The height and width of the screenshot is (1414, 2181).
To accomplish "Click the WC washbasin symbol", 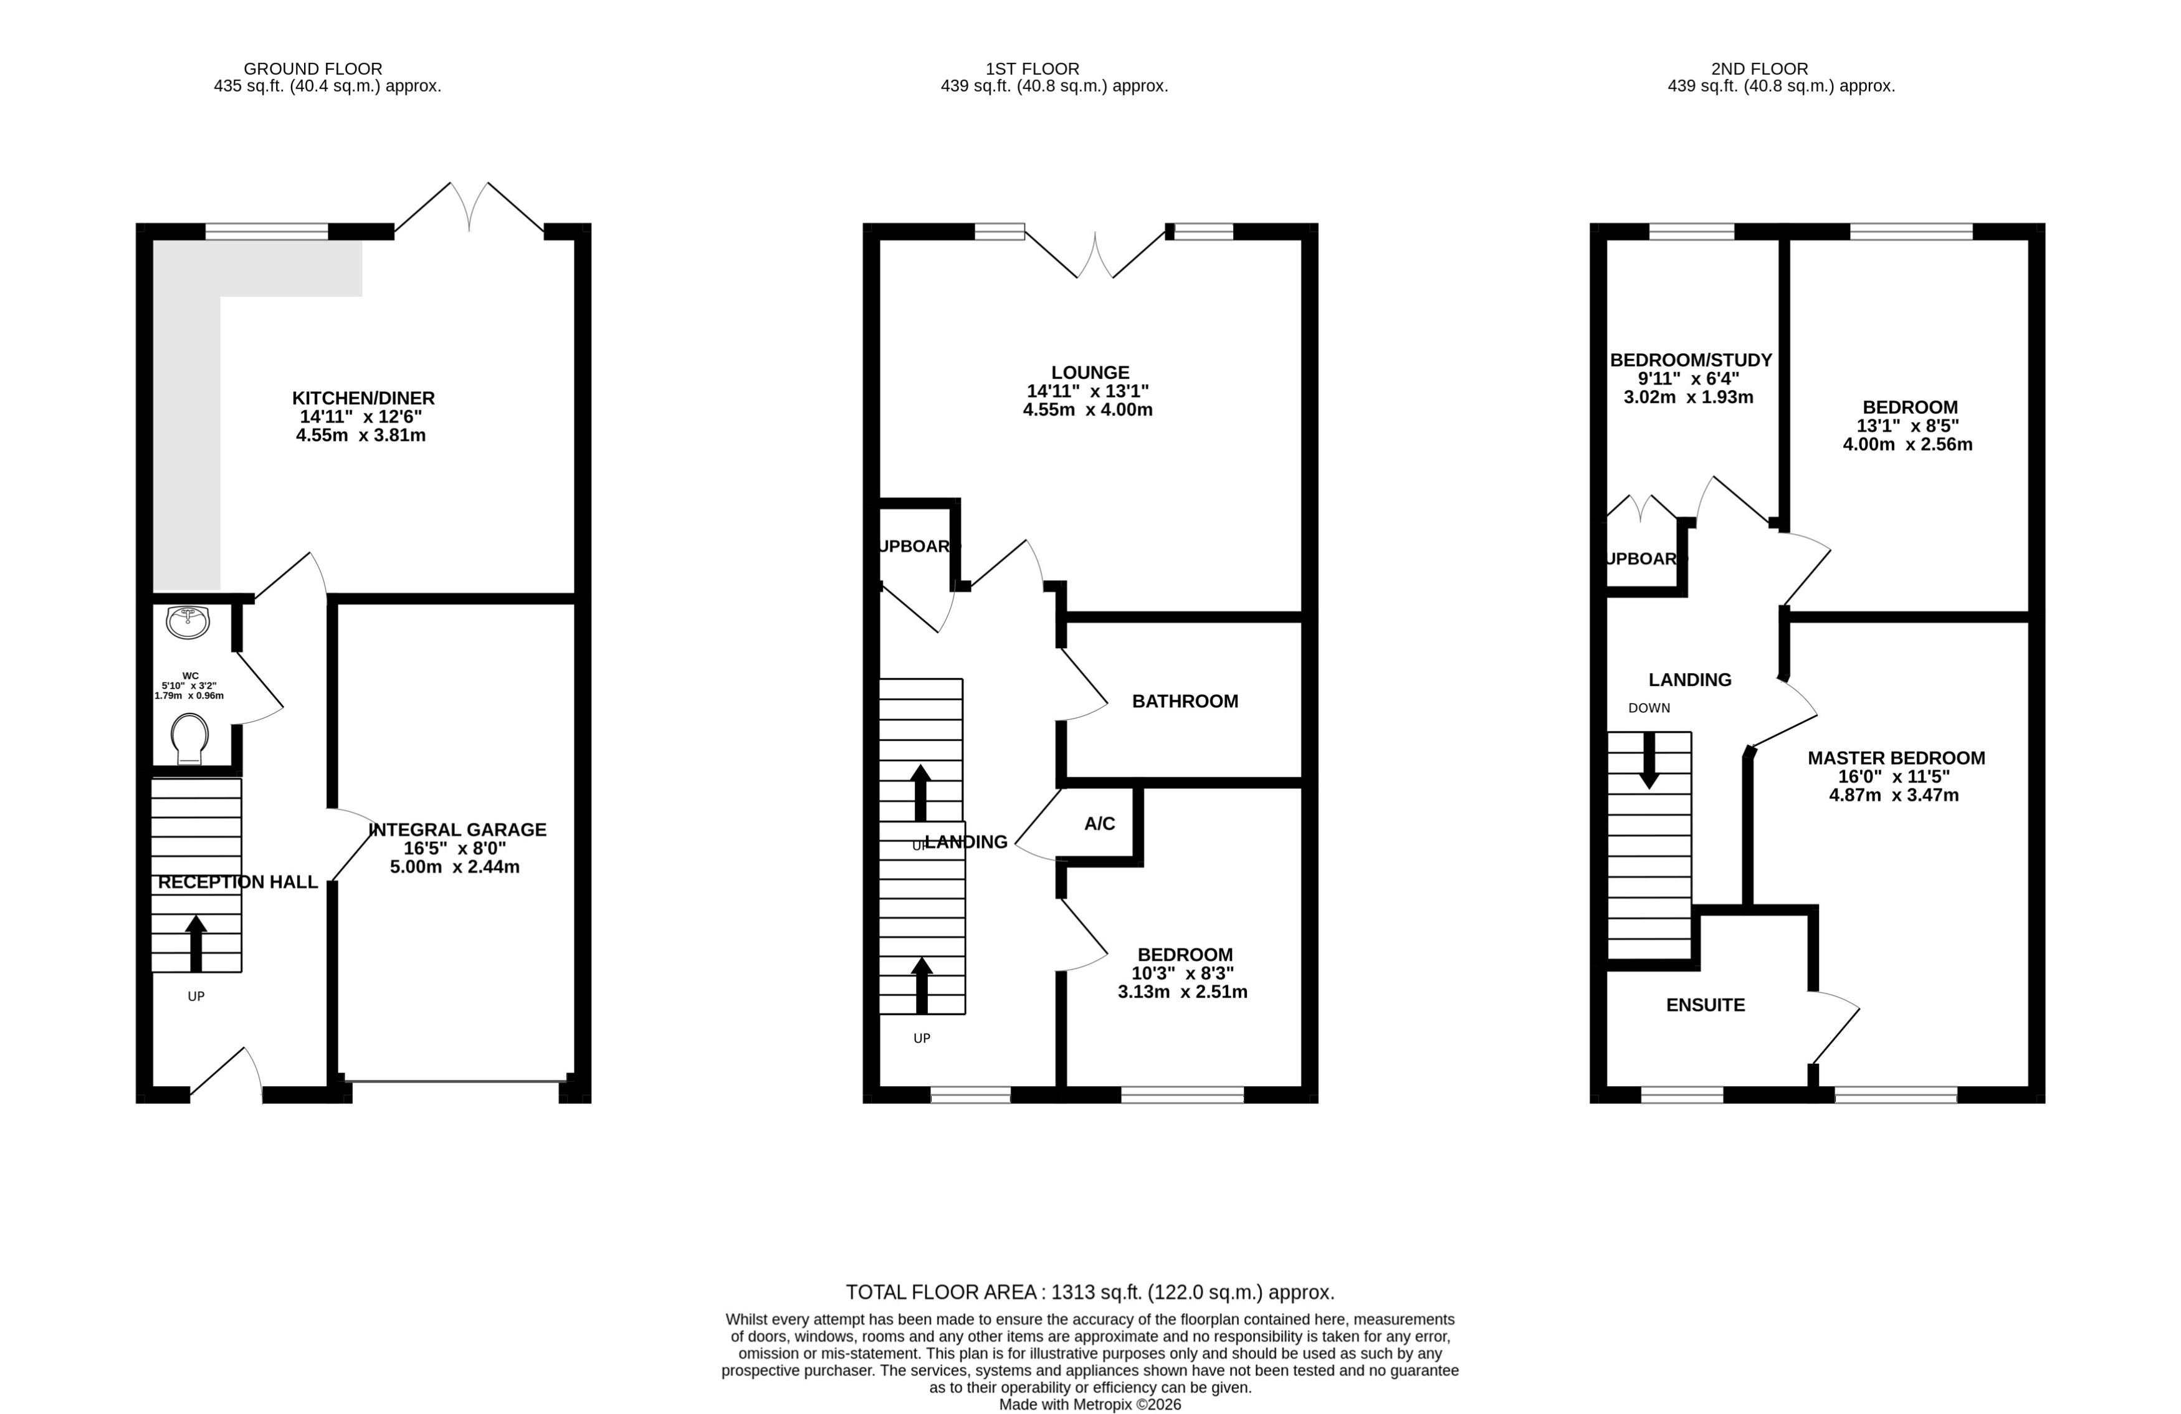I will tap(188, 622).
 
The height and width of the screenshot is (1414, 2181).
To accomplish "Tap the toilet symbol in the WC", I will tap(189, 738).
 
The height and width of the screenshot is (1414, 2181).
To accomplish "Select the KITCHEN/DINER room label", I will tap(363, 398).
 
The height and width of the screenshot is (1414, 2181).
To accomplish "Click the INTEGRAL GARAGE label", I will tap(457, 829).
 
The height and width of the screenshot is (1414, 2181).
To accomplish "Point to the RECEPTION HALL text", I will tap(237, 882).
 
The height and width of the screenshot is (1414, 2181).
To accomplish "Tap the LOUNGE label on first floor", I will tap(1090, 372).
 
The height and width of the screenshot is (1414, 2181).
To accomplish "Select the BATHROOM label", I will tap(1184, 701).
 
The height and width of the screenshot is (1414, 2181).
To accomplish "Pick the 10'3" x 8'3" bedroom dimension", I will tap(1182, 973).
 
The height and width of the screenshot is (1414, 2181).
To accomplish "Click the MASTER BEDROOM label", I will tap(1895, 758).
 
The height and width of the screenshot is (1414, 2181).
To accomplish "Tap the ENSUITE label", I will tap(1704, 1005).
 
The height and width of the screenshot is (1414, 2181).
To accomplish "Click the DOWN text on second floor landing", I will tap(1649, 707).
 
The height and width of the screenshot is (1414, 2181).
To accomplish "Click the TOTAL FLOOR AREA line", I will tap(1090, 1292).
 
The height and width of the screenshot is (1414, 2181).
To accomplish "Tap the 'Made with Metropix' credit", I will tap(1090, 1404).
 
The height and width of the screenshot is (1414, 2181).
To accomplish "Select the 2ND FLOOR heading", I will tap(1759, 69).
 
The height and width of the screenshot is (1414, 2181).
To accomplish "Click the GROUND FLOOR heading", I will tap(312, 69).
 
